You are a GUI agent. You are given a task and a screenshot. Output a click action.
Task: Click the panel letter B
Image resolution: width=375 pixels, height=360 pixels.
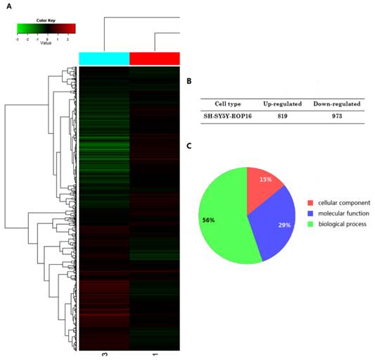(189, 81)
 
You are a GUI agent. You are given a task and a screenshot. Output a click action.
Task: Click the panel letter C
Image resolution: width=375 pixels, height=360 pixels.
(189, 146)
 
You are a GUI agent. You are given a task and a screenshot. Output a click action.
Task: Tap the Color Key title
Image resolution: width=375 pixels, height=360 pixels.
(45, 19)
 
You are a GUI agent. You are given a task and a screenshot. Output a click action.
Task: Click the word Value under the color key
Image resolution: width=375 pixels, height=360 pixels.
(45, 43)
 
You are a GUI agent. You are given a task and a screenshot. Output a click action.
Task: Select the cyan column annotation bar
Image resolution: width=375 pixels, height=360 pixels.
(104, 58)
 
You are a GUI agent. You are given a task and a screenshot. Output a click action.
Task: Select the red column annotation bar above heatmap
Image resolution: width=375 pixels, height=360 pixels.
(155, 58)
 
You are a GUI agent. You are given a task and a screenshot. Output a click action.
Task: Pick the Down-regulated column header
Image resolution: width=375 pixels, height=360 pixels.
(337, 104)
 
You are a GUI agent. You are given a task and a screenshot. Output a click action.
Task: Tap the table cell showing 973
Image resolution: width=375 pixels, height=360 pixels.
(337, 116)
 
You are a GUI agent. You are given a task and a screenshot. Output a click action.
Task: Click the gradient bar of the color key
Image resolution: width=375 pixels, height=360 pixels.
(46, 29)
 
